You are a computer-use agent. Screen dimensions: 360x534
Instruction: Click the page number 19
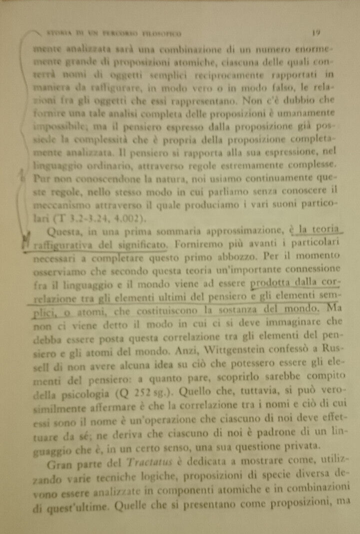316,32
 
